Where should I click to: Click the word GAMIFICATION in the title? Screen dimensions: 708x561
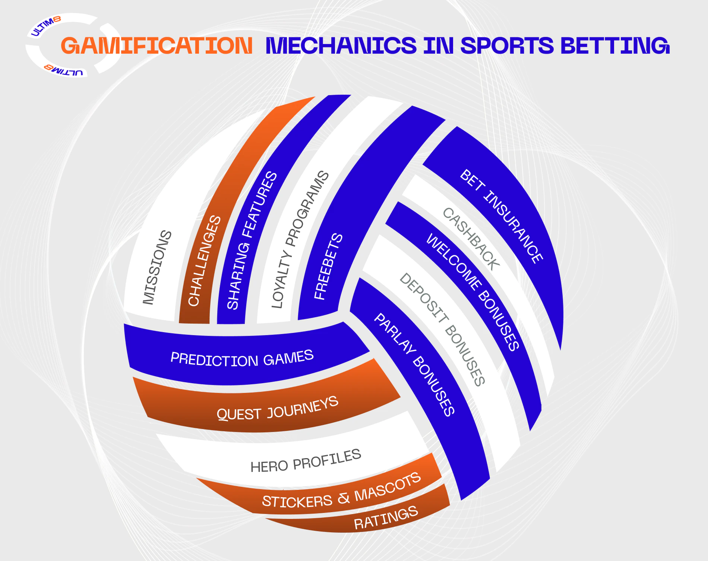pos(157,45)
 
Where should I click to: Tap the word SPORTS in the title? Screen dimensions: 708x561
pos(507,45)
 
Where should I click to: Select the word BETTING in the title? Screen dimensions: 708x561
pos(615,45)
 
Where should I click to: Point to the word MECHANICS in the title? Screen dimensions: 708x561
pos(341,45)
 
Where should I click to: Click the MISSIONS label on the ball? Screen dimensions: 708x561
pos(157,267)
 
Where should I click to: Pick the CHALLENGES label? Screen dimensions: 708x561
pos(205,261)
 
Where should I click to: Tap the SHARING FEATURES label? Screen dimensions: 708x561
pos(252,240)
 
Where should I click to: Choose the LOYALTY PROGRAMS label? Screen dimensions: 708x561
pos(300,239)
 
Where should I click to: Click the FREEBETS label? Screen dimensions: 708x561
pos(328,266)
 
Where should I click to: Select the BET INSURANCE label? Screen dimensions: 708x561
pos(502,216)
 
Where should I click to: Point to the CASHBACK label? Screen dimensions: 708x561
pos(471,239)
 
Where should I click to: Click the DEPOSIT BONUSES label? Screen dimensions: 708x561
pos(442,329)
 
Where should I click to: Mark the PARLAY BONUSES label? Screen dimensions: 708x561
pos(414,365)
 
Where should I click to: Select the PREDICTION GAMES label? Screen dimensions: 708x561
pos(242,358)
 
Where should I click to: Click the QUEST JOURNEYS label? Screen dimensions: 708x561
pos(278,409)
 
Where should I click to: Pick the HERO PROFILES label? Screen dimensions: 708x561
pos(306,461)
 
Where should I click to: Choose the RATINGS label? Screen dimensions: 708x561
pos(386,518)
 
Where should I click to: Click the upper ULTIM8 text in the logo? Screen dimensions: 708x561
pos(45,26)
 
